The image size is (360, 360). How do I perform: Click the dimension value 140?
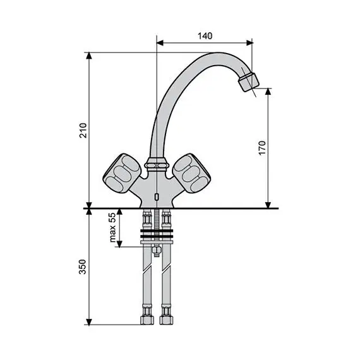pyautogui.click(x=204, y=36)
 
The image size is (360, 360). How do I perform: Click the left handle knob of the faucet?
pyautogui.click(x=120, y=172)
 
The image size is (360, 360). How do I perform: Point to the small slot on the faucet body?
pyautogui.click(x=155, y=198)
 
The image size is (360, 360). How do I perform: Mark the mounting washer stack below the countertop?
pyautogui.click(x=155, y=237)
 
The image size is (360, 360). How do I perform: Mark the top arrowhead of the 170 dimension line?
pyautogui.click(x=268, y=91)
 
